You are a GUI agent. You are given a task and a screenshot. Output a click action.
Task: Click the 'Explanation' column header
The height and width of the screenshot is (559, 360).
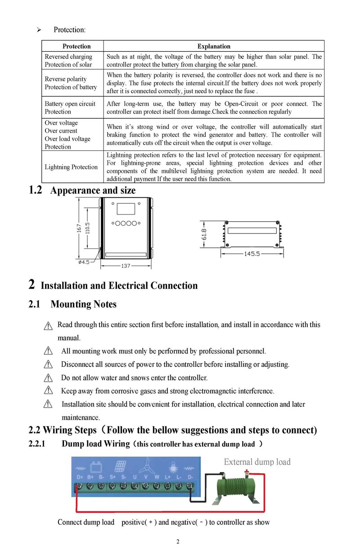tap(214, 46)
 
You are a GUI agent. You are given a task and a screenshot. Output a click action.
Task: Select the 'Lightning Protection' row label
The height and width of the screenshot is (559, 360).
tap(71, 167)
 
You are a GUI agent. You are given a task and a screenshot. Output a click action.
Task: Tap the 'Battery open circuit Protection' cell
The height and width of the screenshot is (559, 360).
tap(70, 108)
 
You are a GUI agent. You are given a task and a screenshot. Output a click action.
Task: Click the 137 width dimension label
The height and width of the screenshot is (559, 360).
tap(126, 266)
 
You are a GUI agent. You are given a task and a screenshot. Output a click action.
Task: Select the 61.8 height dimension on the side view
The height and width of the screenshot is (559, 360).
tap(204, 234)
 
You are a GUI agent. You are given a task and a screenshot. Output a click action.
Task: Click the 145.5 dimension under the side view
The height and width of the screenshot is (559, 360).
tap(252, 254)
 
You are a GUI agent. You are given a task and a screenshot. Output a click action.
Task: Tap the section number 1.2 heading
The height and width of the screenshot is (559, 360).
tap(36, 190)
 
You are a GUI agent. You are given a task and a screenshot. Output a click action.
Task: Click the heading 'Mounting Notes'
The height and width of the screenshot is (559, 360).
tap(83, 304)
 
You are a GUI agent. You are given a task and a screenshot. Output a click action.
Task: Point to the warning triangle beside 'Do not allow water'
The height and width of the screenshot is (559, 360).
tap(48, 377)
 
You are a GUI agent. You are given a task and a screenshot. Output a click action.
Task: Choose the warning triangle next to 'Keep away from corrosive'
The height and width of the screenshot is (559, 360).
tap(48, 391)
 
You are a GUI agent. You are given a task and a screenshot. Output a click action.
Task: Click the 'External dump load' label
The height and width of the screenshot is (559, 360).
tap(257, 462)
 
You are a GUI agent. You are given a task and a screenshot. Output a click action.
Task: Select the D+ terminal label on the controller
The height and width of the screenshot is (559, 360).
tap(80, 476)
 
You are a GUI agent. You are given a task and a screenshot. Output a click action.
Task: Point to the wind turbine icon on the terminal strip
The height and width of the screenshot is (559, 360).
tap(145, 465)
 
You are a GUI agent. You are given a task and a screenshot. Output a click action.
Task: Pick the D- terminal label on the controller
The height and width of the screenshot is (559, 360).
tap(190, 476)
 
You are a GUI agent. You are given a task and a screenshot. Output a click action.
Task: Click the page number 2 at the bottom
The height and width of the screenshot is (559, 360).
tap(178, 541)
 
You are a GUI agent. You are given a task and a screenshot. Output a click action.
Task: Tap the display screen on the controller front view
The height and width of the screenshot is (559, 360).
tap(126, 209)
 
